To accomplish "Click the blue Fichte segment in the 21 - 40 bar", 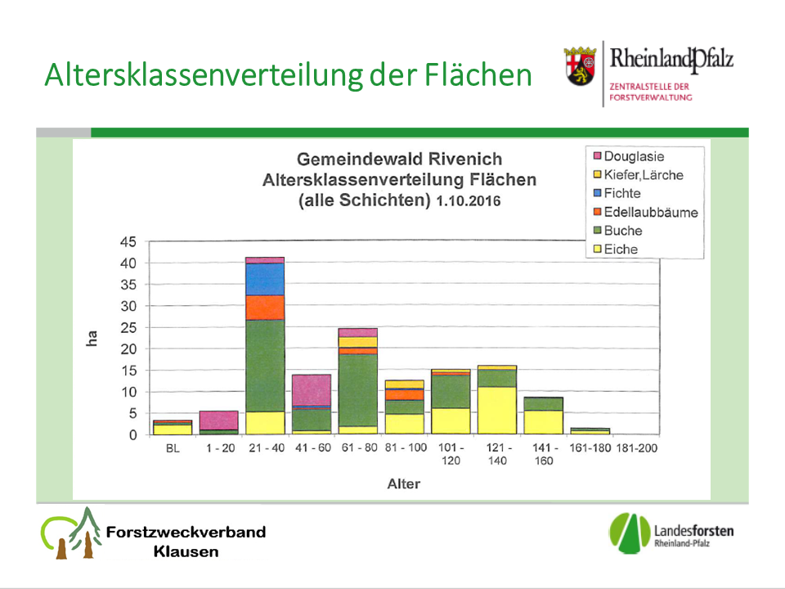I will click(265, 278).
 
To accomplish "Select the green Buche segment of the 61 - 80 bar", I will click(358, 389).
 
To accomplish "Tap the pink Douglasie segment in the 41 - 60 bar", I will click(312, 389).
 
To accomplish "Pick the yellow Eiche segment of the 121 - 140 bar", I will click(497, 410).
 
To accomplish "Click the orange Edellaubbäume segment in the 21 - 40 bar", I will click(265, 307).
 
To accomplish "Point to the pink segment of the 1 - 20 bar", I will click(218, 420).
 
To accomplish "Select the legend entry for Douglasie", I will click(627, 156).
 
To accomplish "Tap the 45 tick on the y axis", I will click(128, 242).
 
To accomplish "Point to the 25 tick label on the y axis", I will click(128, 327).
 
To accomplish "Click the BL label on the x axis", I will click(172, 448).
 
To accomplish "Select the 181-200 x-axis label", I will click(637, 448).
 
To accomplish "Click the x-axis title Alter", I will click(403, 483).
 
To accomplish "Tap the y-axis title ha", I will click(93, 338).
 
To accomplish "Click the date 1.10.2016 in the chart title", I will click(469, 200).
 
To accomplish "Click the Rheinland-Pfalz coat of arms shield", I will click(580, 66).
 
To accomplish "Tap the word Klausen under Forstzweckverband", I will click(186, 551).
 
